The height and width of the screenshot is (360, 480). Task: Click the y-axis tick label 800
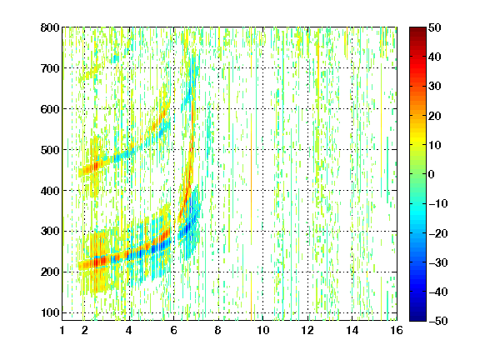pyautogui.click(x=50, y=27)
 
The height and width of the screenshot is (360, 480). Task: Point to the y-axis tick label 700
pyautogui.click(x=50, y=68)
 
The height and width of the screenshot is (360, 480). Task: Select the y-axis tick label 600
pyautogui.click(x=50, y=109)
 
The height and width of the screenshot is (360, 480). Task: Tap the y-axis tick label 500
pyautogui.click(x=50, y=150)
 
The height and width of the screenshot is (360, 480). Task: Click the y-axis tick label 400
pyautogui.click(x=50, y=191)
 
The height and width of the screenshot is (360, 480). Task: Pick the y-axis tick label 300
pyautogui.click(x=50, y=231)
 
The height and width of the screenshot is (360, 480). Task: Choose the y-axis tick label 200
pyautogui.click(x=50, y=272)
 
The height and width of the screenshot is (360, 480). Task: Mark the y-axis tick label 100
pyautogui.click(x=50, y=312)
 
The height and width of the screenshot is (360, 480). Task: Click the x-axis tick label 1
pyautogui.click(x=62, y=330)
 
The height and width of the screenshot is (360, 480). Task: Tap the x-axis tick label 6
pyautogui.click(x=174, y=330)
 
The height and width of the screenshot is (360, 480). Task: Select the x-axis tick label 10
pyautogui.click(x=263, y=330)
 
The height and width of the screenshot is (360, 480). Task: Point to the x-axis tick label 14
pyautogui.click(x=352, y=330)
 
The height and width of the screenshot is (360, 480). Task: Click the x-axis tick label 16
pyautogui.click(x=397, y=330)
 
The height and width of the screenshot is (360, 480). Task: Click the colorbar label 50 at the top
pyautogui.click(x=435, y=27)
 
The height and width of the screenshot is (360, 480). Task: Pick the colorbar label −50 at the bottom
pyautogui.click(x=438, y=321)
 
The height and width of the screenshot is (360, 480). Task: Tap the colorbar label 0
pyautogui.click(x=432, y=174)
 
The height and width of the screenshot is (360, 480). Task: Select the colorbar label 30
pyautogui.click(x=435, y=87)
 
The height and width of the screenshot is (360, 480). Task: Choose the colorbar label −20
pyautogui.click(x=438, y=233)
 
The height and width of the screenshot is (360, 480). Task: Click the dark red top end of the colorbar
pyautogui.click(x=417, y=29)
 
